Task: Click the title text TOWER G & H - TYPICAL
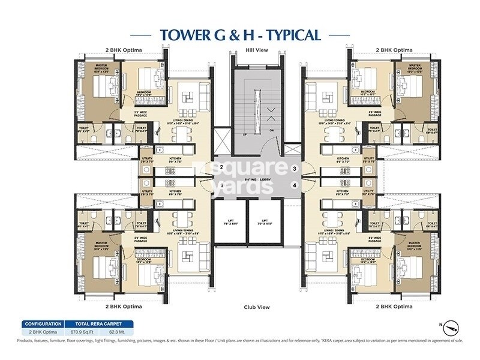tap(240, 35)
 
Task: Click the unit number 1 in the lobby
tap(221, 185)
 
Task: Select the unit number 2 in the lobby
tap(221, 167)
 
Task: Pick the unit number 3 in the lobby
tap(294, 169)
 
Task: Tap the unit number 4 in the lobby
tap(294, 185)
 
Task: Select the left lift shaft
tap(229, 223)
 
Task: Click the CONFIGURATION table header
tap(43, 322)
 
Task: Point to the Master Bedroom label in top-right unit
tap(413, 67)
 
